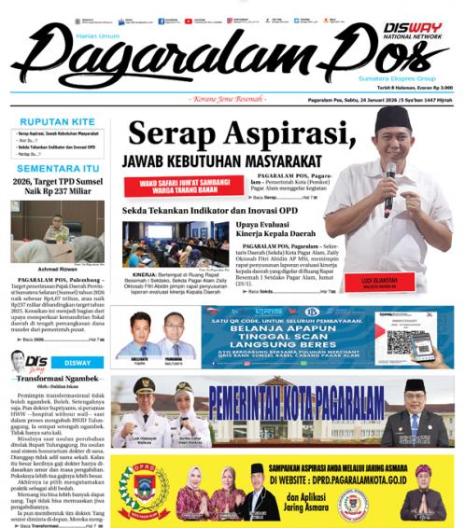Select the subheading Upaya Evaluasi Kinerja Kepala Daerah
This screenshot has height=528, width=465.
point(276,230)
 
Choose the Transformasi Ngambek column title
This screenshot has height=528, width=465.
point(57,381)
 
